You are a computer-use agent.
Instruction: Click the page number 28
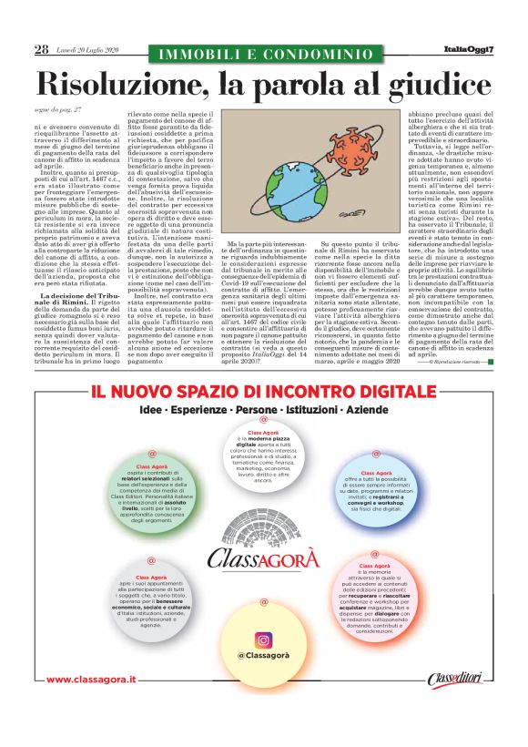tap(41, 49)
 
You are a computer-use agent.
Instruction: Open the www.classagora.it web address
tap(91, 705)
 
